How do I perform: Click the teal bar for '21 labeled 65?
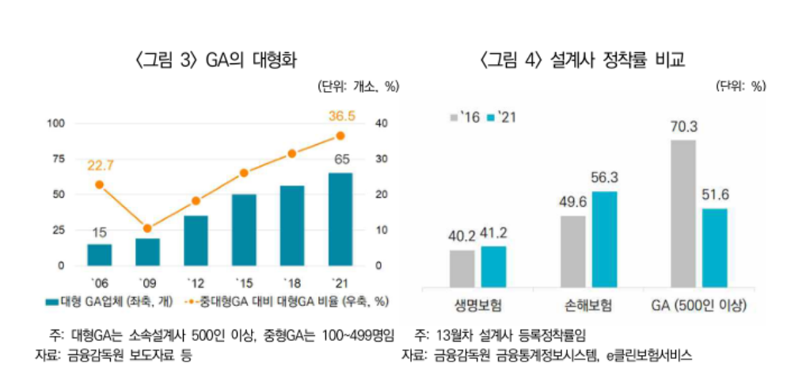340,219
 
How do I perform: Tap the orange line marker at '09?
147,228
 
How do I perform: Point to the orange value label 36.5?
341,117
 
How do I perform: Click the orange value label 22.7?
99,165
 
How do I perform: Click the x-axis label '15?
244,282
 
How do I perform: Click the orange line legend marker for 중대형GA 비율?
194,302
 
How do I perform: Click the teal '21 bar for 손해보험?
604,238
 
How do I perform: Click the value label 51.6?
714,195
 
